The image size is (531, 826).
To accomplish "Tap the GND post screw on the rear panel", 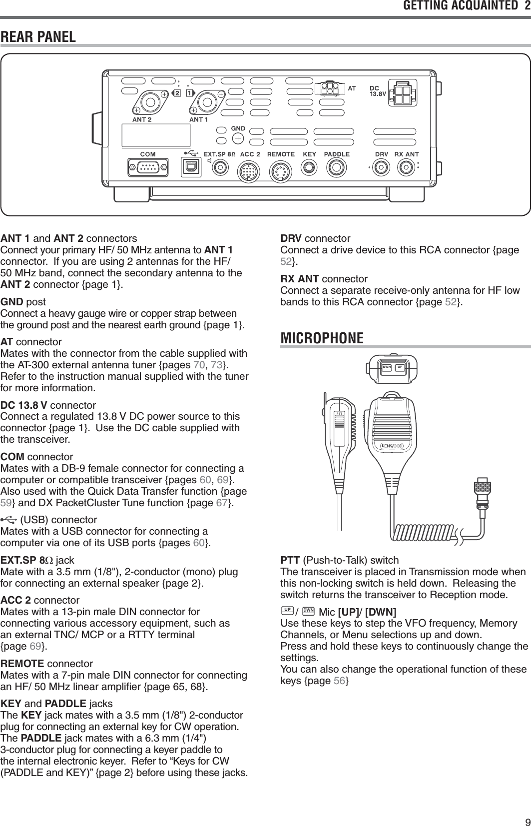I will [239, 137].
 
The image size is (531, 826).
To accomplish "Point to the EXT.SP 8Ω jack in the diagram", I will [219, 168].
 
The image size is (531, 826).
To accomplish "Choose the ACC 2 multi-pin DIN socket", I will [249, 172].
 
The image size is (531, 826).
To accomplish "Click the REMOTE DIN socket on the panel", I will [281, 172].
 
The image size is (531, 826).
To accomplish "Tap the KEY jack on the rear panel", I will [310, 168].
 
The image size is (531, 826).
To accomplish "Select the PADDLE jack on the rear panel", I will [337, 168].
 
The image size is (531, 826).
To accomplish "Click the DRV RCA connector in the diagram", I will [382, 168].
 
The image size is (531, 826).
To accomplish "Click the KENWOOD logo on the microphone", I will [392, 446].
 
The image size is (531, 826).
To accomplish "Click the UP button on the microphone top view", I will [400, 368].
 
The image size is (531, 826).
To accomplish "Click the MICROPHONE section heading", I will [322, 338].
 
